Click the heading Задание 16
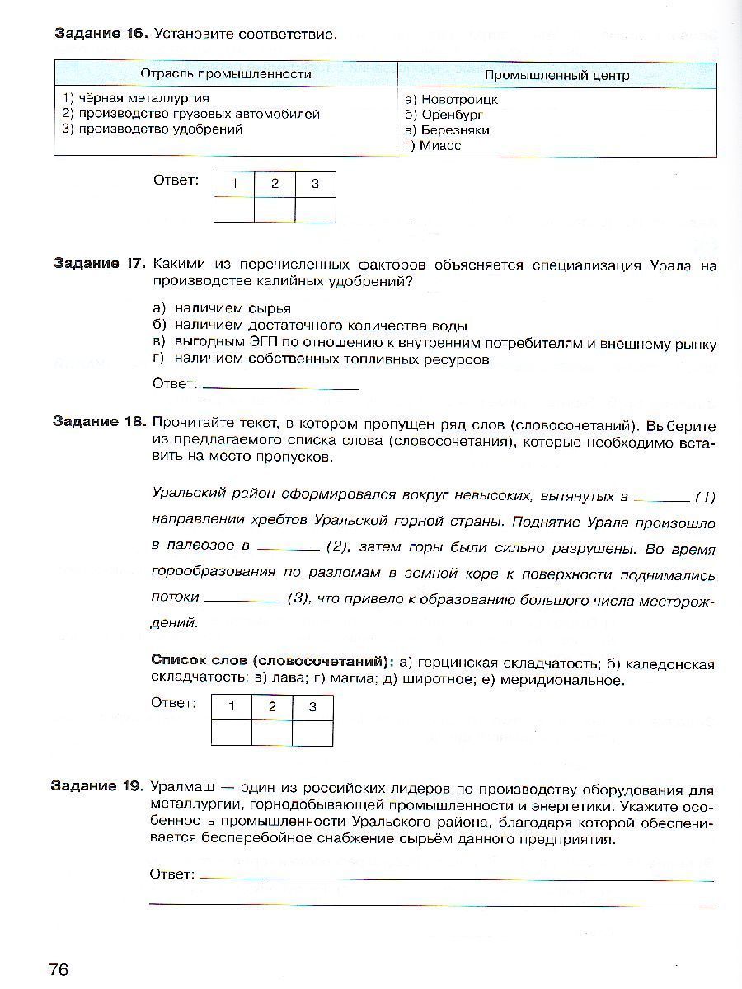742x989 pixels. (101, 34)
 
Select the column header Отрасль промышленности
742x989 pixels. (225, 74)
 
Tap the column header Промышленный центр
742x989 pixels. (556, 75)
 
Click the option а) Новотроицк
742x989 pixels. (451, 99)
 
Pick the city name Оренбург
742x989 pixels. (452, 115)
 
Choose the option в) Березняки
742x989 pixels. (447, 129)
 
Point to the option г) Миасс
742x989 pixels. (433, 145)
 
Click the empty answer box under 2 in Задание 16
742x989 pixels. (275, 209)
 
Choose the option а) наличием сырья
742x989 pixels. (222, 308)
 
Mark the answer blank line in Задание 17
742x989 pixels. (280, 386)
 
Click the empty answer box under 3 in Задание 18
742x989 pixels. (312, 732)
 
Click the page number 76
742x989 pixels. (59, 968)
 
